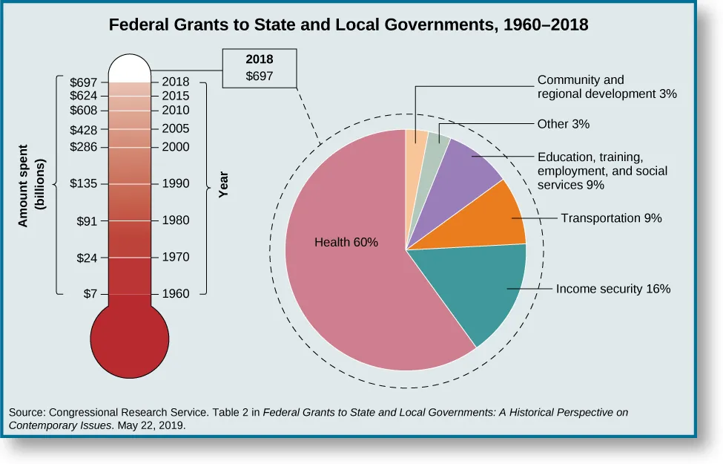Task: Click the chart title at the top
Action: point(349,24)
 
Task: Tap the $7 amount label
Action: point(90,293)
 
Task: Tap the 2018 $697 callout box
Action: point(260,68)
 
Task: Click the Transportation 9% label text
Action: point(610,218)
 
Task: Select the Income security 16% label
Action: point(613,289)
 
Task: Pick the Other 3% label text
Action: point(563,124)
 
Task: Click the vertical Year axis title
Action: point(223,183)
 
